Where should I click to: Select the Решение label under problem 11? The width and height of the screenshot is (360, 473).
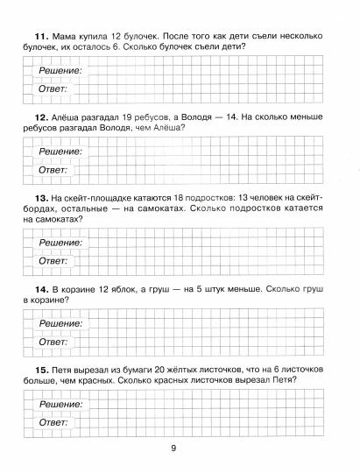(60, 70)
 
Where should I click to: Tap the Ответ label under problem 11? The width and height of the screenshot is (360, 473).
(53, 88)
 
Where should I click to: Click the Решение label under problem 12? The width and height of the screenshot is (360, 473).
(60, 152)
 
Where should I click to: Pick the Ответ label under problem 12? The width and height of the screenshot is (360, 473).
(53, 170)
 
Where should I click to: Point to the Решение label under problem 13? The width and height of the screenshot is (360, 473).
(60, 243)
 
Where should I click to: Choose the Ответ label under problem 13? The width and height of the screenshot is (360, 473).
(53, 261)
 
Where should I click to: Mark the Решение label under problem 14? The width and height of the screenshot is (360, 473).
(60, 324)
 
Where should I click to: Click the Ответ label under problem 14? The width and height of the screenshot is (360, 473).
(53, 342)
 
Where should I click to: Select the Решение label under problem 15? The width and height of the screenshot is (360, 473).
(60, 405)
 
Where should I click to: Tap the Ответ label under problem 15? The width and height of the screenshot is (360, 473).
(53, 423)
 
